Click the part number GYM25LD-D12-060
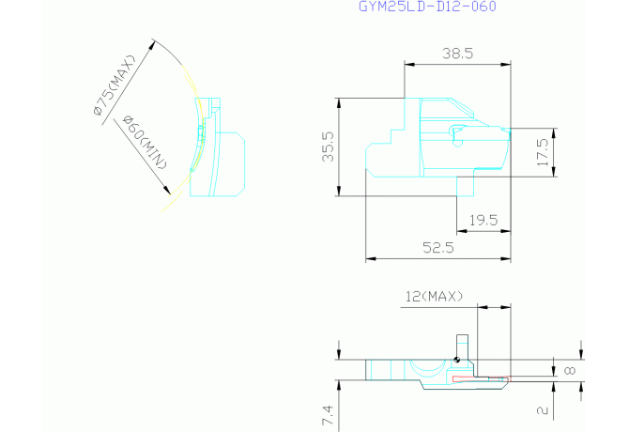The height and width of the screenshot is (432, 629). point(427,6)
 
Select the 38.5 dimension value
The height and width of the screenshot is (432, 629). point(458,54)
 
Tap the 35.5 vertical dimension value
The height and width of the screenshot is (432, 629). point(329,147)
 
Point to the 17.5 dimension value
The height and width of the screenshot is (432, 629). point(543,152)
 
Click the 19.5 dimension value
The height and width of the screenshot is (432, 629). point(483,220)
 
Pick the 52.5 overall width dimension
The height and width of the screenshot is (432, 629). point(438,248)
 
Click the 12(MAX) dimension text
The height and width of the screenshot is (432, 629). point(434,297)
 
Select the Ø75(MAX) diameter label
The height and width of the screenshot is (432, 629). point(115,85)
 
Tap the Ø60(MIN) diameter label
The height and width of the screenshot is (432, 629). point(145,142)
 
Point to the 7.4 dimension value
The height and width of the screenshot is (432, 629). point(328,415)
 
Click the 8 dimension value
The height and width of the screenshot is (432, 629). point(570,370)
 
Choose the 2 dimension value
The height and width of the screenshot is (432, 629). point(543,410)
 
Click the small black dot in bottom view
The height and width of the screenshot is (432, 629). point(456,360)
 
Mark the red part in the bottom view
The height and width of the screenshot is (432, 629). point(481,379)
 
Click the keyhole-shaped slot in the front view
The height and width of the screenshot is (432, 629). point(458,135)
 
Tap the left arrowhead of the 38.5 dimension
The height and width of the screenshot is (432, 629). point(409,64)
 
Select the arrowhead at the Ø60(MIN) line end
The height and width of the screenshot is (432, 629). point(166,190)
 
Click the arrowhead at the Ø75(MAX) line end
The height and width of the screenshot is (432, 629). point(151,44)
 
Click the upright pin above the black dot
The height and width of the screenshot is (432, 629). point(463,347)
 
